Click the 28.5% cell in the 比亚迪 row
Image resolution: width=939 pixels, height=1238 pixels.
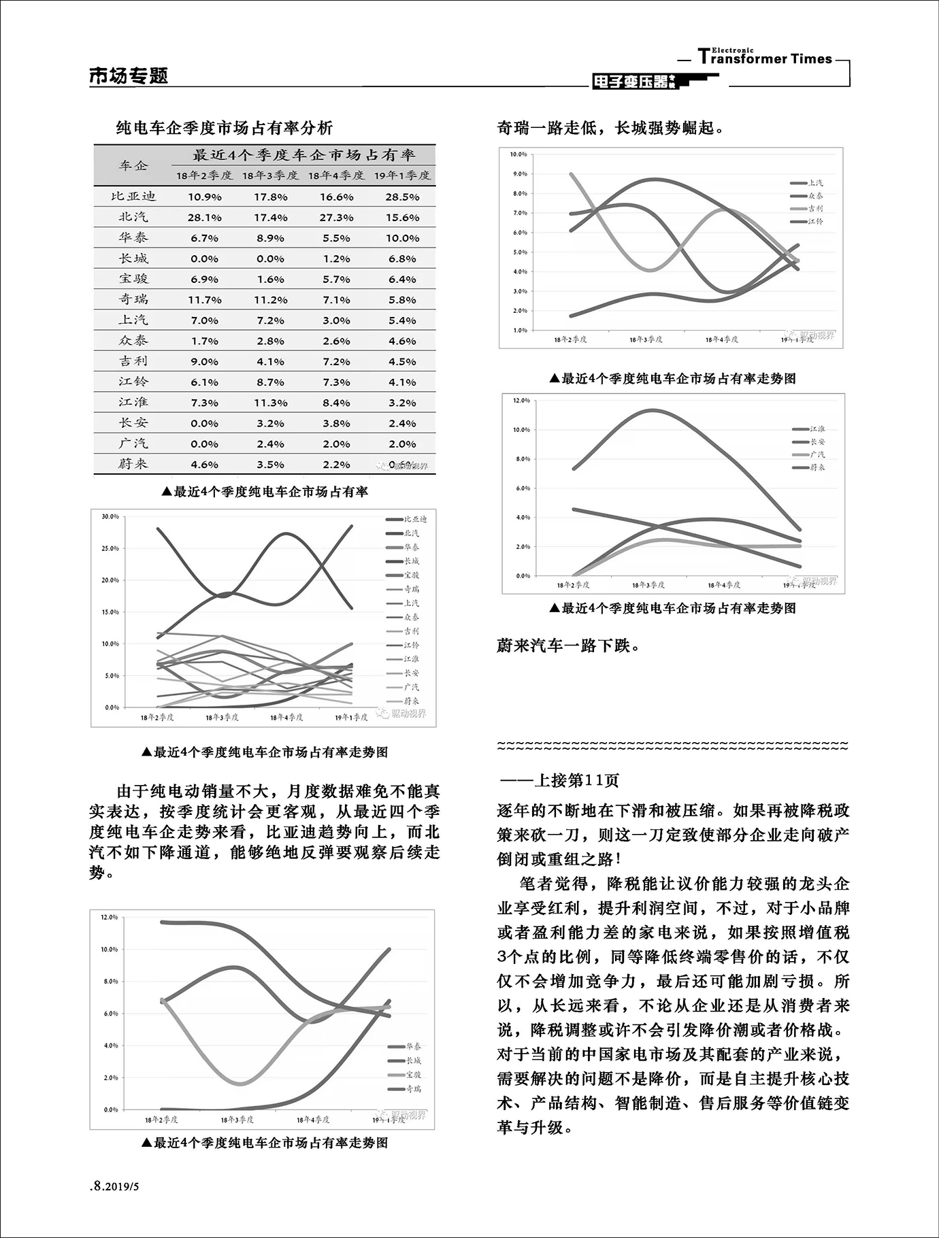pos(402,197)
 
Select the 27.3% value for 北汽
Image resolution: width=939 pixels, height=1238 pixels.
pos(336,218)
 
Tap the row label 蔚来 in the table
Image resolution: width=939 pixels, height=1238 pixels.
pos(133,464)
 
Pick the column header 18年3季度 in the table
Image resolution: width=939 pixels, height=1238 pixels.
pos(270,175)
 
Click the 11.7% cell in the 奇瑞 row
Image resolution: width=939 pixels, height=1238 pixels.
pos(204,300)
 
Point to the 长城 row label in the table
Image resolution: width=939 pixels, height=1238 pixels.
pos(133,258)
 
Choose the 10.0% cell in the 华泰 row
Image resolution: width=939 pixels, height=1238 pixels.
pos(402,238)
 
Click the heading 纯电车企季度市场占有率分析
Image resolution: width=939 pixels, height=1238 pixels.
pos(225,128)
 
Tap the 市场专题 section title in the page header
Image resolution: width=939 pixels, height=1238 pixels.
pos(129,76)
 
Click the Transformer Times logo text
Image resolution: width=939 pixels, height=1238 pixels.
pos(765,58)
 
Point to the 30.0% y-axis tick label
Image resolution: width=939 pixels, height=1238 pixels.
pos(110,517)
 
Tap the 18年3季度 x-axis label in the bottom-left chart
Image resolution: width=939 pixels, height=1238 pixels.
pos(237,1120)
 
